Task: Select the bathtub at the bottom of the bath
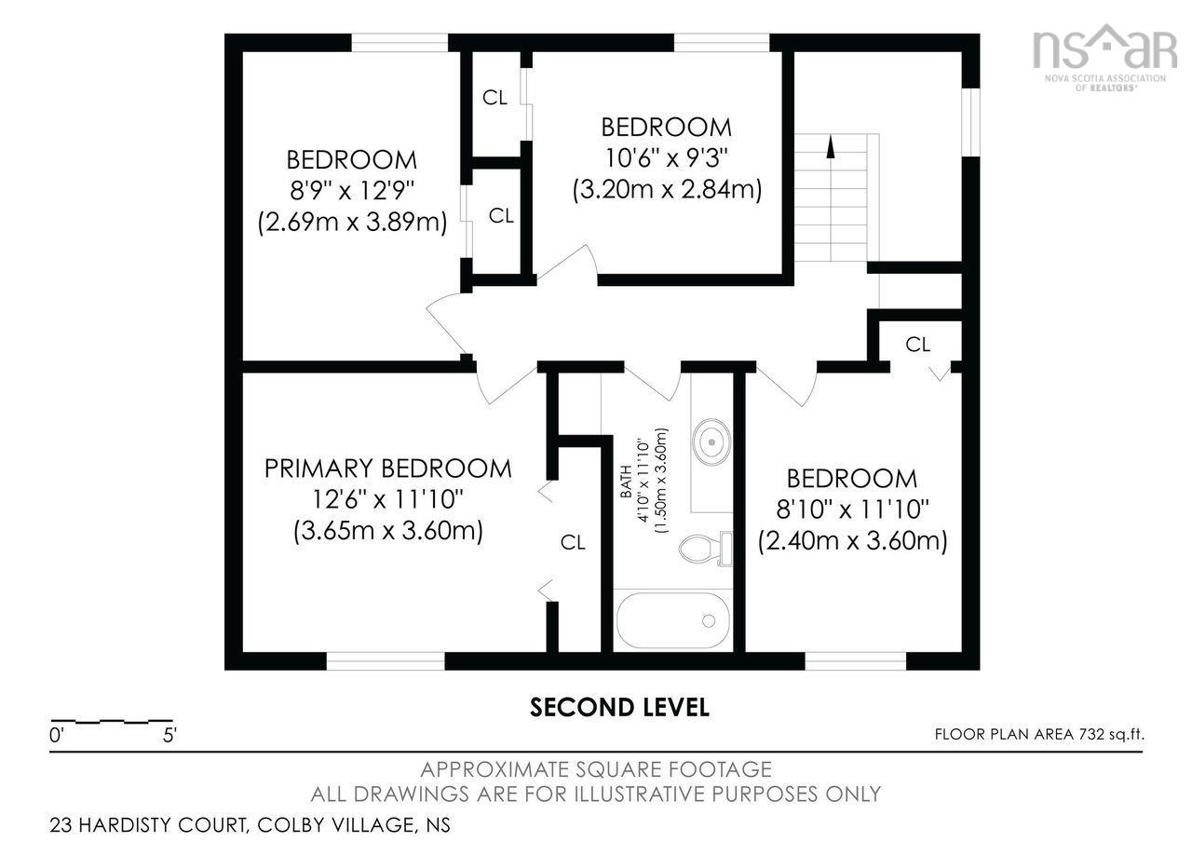[671, 620]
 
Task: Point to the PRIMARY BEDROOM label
[387, 468]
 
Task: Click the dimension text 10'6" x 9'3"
[666, 157]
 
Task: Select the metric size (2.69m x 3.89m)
[351, 223]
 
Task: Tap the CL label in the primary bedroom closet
[573, 542]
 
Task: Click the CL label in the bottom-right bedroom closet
[917, 344]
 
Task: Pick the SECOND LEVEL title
[619, 707]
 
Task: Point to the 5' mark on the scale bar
[169, 735]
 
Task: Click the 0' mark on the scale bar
[57, 735]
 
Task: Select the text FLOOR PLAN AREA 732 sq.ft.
[1039, 734]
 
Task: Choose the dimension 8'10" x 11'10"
[852, 509]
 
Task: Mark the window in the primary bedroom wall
[386, 660]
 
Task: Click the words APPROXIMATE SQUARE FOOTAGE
[595, 769]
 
